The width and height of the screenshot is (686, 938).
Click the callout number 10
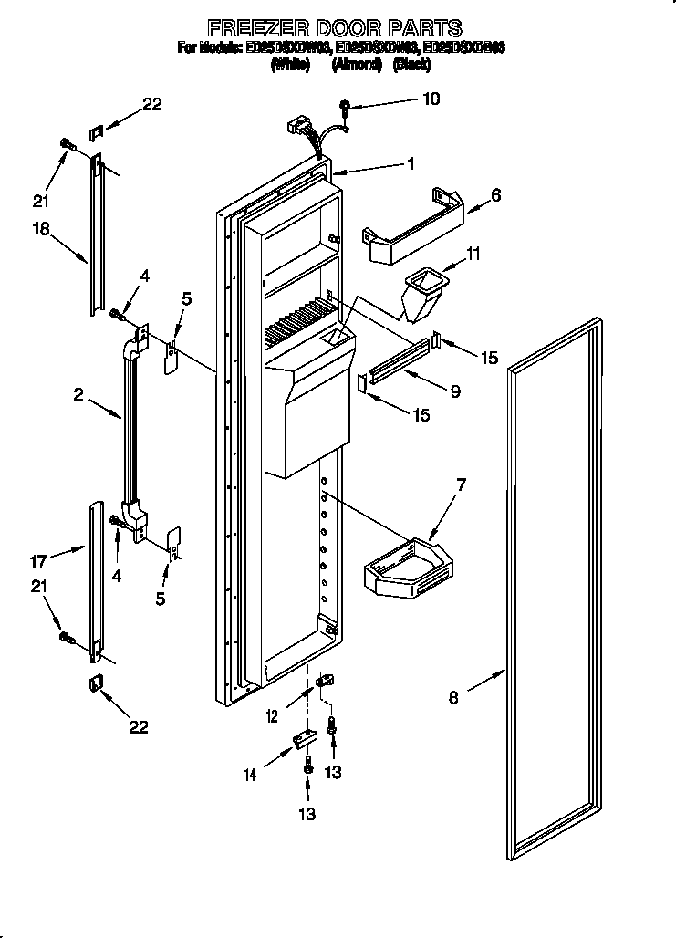(x=431, y=99)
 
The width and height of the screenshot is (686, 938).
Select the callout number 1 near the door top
(x=411, y=164)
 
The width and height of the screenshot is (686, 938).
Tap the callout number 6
(x=495, y=194)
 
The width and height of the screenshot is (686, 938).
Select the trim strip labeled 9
(x=397, y=361)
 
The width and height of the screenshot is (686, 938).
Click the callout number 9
(x=453, y=391)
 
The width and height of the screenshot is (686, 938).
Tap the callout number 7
(x=462, y=485)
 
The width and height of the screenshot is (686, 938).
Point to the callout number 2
(x=79, y=394)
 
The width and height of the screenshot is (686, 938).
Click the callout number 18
(x=42, y=230)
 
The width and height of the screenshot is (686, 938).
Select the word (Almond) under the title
(x=350, y=65)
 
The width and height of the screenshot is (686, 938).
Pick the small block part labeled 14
(x=301, y=740)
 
